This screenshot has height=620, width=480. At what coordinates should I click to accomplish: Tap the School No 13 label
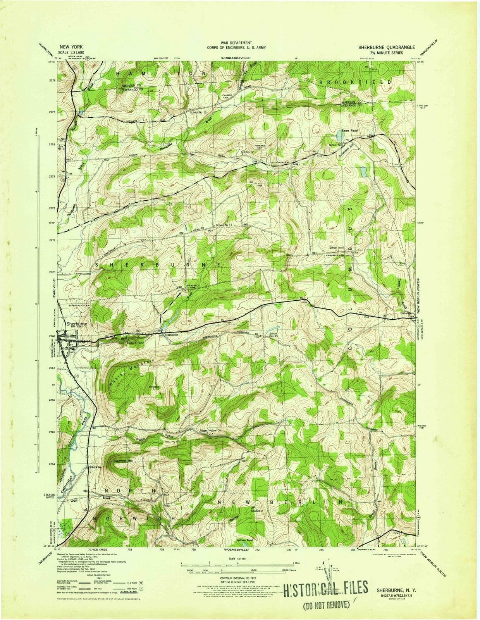(198, 112)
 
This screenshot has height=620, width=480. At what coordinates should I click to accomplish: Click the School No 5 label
(337, 247)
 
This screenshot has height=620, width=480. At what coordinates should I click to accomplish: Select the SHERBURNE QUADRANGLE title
(386, 47)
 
